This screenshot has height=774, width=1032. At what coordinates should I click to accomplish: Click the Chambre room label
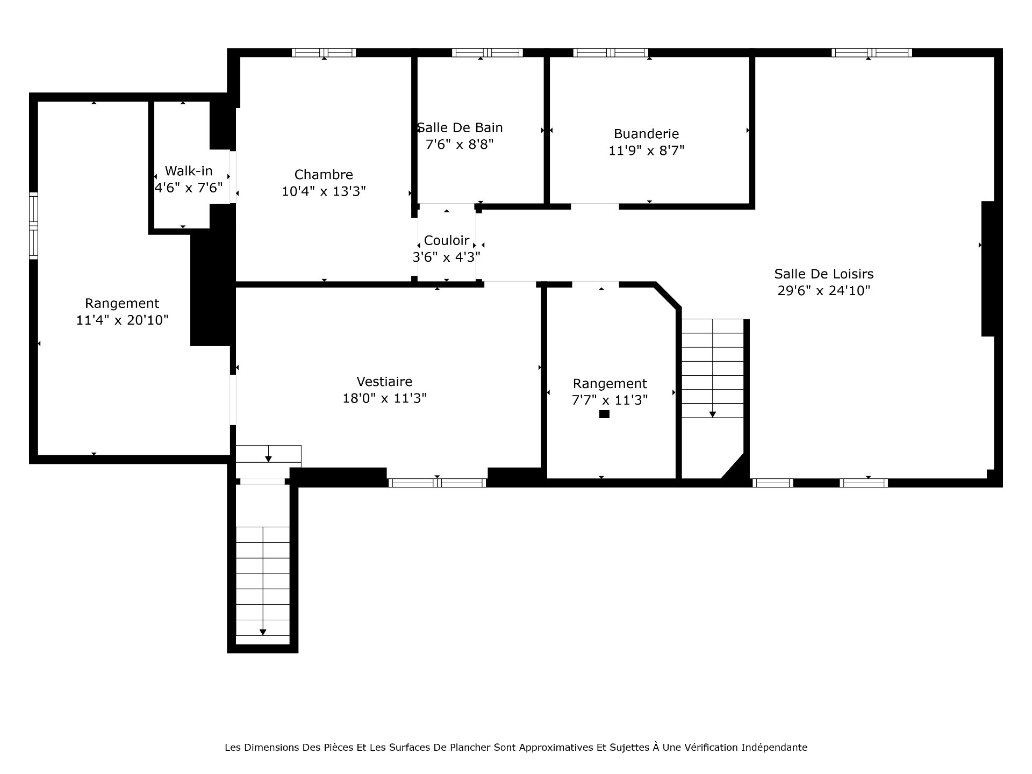point(324,175)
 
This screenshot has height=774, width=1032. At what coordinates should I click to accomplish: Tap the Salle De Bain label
point(460,128)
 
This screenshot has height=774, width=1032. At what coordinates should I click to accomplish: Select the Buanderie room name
point(646,134)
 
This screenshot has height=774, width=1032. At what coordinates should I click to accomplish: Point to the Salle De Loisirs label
point(824,274)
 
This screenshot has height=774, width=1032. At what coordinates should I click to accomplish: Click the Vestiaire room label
point(384,382)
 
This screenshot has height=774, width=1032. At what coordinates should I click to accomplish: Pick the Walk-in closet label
point(189,171)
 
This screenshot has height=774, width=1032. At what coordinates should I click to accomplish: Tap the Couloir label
point(447,240)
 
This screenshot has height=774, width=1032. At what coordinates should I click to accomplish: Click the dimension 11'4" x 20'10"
point(123,320)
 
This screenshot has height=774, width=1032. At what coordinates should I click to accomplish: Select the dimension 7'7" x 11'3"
point(610,400)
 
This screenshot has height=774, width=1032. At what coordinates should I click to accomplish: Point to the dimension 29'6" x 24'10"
point(824,291)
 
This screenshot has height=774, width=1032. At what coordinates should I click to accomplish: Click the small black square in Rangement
point(604,414)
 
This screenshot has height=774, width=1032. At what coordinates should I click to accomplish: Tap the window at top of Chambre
point(324,53)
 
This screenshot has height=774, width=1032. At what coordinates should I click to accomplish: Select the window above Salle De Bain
point(487,53)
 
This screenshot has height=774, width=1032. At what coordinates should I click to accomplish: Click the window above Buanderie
point(611,53)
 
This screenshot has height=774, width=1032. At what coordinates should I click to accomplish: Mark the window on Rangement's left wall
point(33,226)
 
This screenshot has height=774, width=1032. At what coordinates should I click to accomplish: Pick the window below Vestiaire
point(437,483)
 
